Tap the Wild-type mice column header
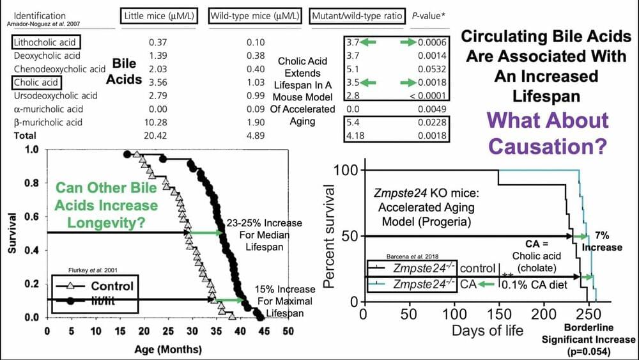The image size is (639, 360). tap(255, 15)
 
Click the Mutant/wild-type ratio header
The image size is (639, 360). tap(357, 15)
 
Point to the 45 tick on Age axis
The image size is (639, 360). tap(264, 332)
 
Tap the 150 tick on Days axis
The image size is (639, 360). tap(498, 314)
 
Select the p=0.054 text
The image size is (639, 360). tap(590, 352)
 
